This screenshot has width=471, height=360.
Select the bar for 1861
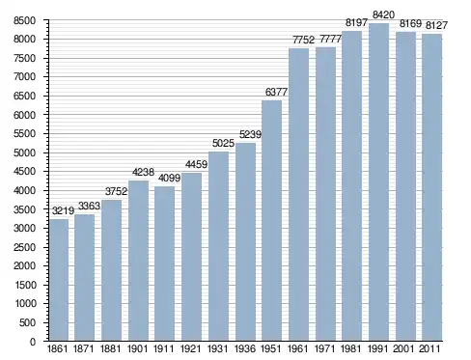59,280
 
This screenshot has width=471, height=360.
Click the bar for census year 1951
271,220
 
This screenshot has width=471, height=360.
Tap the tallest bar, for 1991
378,181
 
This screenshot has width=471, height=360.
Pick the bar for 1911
164,263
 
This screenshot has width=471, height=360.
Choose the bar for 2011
432,187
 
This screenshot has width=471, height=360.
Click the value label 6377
276,92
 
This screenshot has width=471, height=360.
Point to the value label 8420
383,14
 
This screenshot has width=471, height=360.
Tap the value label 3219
63,210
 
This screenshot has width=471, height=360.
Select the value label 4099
169,178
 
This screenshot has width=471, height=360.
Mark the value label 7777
330,39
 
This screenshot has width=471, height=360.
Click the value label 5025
223,143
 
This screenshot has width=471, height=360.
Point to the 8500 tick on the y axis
24,21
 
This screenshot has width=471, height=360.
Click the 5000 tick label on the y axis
24,152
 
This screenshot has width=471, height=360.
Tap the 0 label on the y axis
33,342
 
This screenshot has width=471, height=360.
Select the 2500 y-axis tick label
24,247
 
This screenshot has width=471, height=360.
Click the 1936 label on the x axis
245,348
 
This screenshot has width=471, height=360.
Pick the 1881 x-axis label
110,348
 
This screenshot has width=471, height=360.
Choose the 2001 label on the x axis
403,348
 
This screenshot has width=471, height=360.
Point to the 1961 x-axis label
298,348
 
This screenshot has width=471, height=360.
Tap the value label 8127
436,25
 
